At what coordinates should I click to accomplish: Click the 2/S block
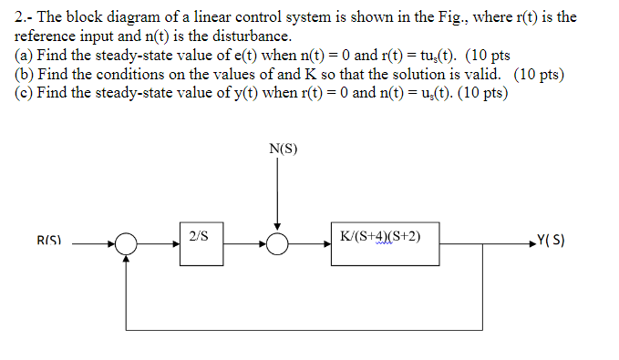pos(201,243)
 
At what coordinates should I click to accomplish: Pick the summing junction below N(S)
pos(277,244)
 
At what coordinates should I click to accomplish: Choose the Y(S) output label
pos(553,243)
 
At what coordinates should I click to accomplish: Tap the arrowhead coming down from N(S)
pos(277,229)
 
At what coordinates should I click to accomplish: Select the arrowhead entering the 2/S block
pos(175,244)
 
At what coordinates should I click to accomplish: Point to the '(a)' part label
pos(24,56)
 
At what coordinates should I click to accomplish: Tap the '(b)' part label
pos(24,75)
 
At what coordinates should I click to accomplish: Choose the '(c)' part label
pos(24,93)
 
